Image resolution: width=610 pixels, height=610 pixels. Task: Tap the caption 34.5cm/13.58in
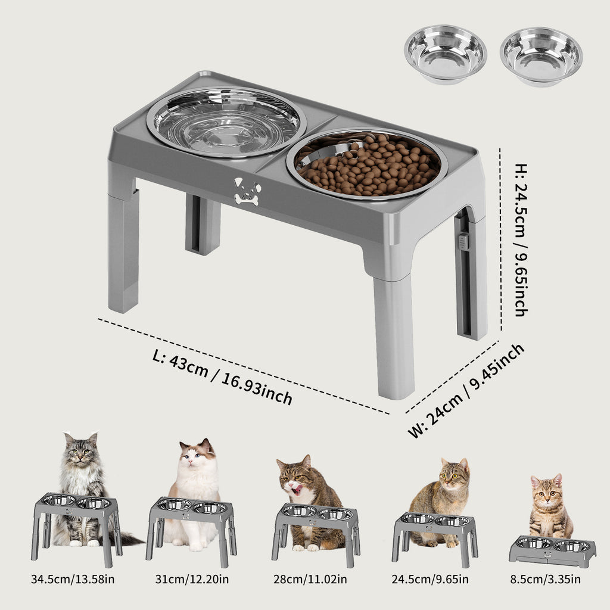tap(73, 579)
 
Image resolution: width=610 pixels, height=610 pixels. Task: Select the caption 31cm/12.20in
tap(192, 579)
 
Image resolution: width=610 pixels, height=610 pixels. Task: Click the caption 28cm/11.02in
tap(312, 579)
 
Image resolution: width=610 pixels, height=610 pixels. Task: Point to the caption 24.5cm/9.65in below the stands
tap(431, 579)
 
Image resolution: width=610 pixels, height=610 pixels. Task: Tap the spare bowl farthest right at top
tap(541, 56)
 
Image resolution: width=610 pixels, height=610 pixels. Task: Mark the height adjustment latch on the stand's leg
tap(463, 241)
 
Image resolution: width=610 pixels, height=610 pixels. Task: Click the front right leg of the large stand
tap(394, 337)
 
